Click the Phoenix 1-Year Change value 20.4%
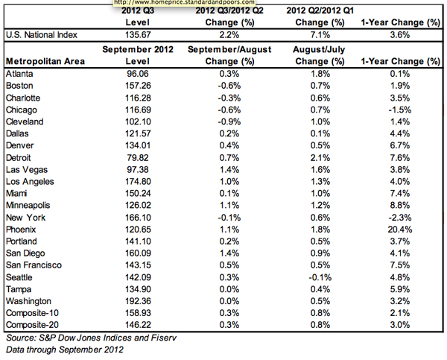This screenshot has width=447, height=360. tap(399, 230)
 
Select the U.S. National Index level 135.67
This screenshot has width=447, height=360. tap(138, 35)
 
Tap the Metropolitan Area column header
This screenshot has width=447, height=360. tap(45, 61)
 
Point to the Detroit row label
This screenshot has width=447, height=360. tap(18, 158)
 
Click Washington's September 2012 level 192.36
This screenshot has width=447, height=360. tap(138, 301)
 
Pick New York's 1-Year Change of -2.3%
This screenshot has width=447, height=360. tap(399, 218)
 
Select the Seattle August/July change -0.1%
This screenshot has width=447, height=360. tap(320, 277)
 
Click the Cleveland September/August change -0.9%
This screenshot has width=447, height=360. tap(229, 121)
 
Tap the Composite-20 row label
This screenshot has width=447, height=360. tap(32, 325)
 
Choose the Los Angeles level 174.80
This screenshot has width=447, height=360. tap(138, 181)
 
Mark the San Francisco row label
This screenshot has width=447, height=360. tap(34, 265)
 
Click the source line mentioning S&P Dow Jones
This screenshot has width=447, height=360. tap(91, 338)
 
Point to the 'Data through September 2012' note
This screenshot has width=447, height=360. tap(65, 350)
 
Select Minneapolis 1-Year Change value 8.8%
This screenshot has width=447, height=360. tap(399, 206)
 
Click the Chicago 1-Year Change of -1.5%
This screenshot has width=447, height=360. tap(399, 110)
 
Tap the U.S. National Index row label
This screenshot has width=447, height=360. tap(42, 35)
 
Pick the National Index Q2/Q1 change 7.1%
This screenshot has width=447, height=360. tap(320, 35)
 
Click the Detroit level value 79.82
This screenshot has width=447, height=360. tap(138, 158)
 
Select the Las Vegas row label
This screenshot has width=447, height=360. tap(27, 170)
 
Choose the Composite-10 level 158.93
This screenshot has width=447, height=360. tap(138, 313)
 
